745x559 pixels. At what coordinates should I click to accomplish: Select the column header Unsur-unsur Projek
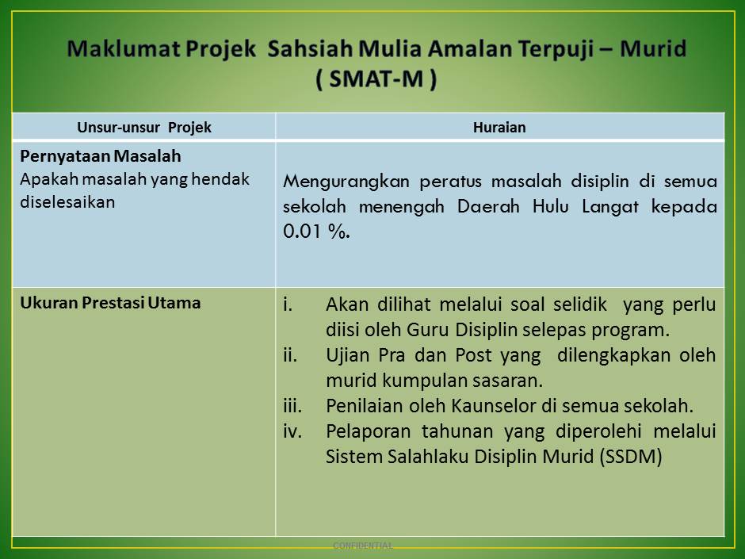(x=144, y=127)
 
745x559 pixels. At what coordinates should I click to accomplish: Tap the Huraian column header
(x=499, y=127)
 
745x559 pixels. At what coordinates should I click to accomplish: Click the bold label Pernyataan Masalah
(x=101, y=157)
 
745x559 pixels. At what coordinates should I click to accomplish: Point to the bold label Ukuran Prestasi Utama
(x=110, y=302)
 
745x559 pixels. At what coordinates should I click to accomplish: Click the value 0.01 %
(x=315, y=232)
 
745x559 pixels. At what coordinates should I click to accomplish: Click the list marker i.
(x=288, y=304)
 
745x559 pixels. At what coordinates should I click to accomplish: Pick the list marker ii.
(x=290, y=354)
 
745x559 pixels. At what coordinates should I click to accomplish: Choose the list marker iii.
(x=292, y=406)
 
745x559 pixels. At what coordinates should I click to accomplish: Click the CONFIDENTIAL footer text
(x=363, y=546)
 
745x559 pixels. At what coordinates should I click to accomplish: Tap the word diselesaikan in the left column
(x=67, y=201)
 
